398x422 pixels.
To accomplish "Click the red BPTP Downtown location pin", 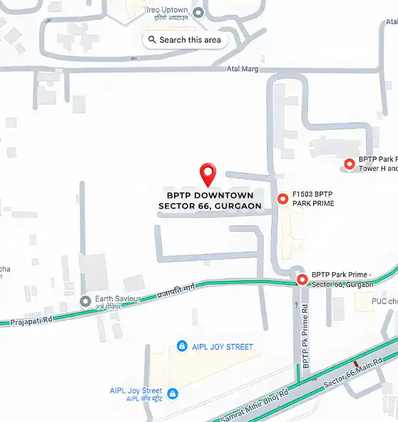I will click(x=208, y=173).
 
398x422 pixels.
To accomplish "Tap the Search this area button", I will click(x=185, y=40).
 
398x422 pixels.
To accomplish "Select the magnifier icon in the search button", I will click(x=153, y=40).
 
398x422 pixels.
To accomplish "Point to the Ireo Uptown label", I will click(x=168, y=9).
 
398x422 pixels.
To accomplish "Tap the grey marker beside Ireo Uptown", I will click(x=198, y=12).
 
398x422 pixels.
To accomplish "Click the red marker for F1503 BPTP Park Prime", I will click(x=282, y=199).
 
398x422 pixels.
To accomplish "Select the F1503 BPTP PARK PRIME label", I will click(x=314, y=199).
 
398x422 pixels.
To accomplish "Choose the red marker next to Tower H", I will click(x=349, y=164).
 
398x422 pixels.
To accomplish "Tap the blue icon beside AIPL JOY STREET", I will click(x=182, y=346).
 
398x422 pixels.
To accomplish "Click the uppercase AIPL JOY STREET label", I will click(x=221, y=347).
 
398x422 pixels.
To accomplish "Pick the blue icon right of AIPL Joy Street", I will click(x=172, y=393).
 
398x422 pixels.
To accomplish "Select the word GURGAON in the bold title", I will click(x=234, y=206).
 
